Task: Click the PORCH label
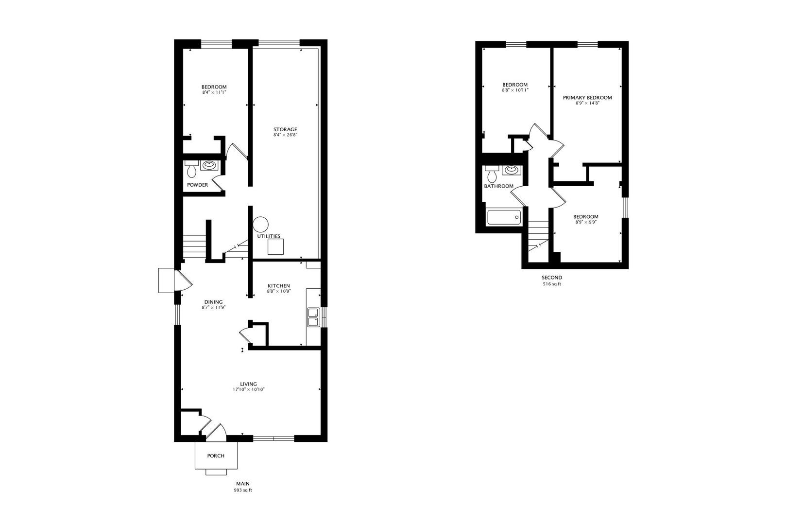tap(216, 455)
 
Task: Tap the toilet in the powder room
tap(191, 170)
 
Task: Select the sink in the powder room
tap(210, 165)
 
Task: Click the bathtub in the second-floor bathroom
tap(504, 217)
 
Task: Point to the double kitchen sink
tap(312, 317)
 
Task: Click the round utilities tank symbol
tap(260, 224)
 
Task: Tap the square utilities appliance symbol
tap(276, 247)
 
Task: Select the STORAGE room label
tap(285, 129)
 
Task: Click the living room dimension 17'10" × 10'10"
tap(248, 389)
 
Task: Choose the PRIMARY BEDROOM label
tap(587, 98)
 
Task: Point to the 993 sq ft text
tap(243, 490)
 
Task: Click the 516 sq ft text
tap(552, 284)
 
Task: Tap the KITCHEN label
tap(279, 286)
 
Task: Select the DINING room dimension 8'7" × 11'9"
tap(214, 308)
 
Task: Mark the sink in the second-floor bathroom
tap(511, 170)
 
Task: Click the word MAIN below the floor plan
tap(243, 483)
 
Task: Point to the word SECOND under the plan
tap(552, 278)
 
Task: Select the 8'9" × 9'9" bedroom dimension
tap(585, 222)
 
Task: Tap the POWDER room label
tap(198, 185)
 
